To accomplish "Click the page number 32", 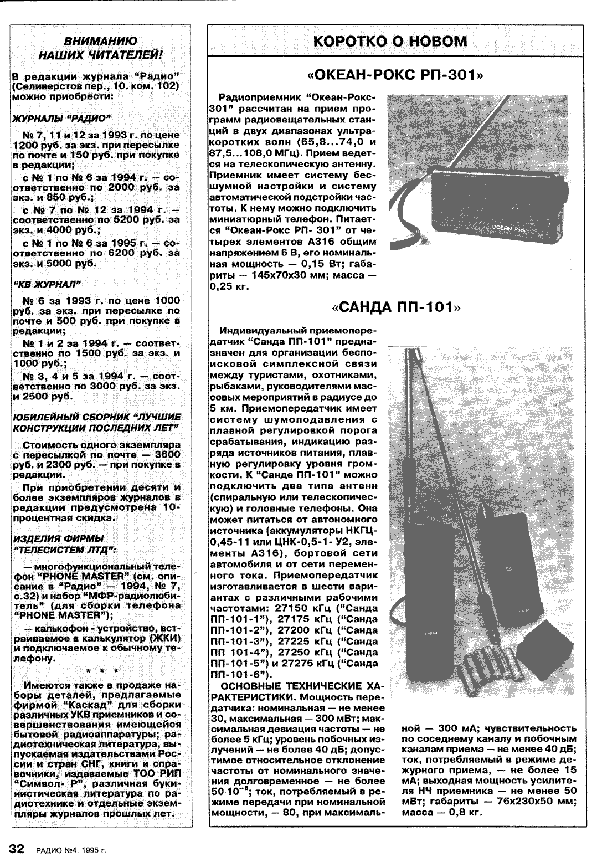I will pyautogui.click(x=16, y=848).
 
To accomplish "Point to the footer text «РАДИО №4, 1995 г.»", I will pyautogui.click(x=70, y=849).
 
